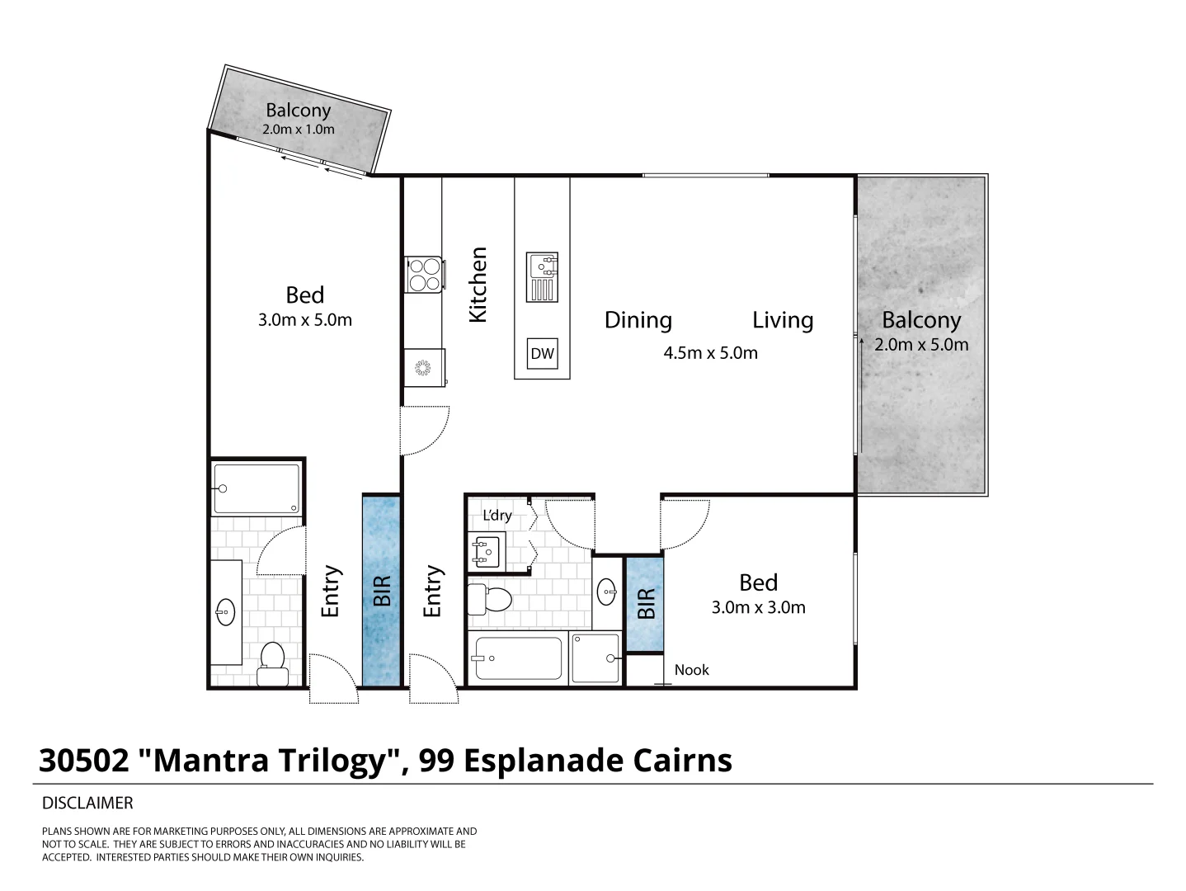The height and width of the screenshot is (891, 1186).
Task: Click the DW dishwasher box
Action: pos(542,354)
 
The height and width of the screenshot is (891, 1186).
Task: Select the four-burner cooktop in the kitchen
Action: pos(424,274)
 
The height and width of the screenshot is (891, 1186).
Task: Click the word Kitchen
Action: pos(478,285)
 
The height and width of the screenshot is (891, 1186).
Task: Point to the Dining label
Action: pos(638,320)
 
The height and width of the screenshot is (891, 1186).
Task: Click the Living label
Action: pos(782,320)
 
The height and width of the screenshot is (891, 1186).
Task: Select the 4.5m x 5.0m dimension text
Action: pos(710,353)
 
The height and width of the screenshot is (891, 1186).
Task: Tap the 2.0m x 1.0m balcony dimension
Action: pos(298,130)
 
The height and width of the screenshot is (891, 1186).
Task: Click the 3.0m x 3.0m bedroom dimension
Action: pos(758,608)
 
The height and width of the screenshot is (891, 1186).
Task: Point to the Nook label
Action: pos(691,670)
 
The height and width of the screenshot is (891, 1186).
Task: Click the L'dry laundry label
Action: pos(497,516)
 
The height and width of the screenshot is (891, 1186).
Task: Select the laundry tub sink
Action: pos(485,551)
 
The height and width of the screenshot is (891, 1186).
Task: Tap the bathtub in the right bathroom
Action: pos(518,658)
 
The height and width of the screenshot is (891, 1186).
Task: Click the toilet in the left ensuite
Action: pos(271,663)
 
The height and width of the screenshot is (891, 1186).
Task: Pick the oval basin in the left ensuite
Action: pos(225,611)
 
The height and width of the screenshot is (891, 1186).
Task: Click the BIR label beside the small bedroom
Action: pos(646,603)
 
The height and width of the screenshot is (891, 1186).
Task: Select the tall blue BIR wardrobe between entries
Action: pos(381,591)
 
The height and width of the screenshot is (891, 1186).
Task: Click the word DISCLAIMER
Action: pos(87,803)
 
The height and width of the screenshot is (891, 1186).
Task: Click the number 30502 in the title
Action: pos(84,761)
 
